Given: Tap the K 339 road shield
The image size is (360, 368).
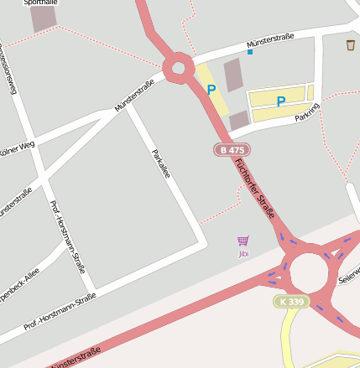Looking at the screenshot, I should tap(290, 301).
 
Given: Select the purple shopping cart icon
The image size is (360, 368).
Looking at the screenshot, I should tap(243, 241).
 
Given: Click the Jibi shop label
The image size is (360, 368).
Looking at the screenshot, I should tap(243, 253).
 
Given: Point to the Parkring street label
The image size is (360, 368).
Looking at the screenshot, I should tap(307, 112).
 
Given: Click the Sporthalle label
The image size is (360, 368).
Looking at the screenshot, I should tap(40, 3).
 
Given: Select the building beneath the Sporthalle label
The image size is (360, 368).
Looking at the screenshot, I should tap(43, 19).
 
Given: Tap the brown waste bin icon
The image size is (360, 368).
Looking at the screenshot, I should tap(350, 45).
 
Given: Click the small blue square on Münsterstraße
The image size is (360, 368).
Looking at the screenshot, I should tap(249, 52).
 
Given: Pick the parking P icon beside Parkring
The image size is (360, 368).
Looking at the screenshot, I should tap(281, 101).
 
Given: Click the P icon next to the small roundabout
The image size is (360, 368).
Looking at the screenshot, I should tap(211, 89).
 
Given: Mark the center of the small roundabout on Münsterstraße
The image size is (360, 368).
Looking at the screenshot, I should tap(178, 69).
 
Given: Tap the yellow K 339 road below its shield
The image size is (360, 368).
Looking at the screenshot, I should tap(289, 344).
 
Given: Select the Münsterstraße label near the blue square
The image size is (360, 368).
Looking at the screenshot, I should tap(270, 40).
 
